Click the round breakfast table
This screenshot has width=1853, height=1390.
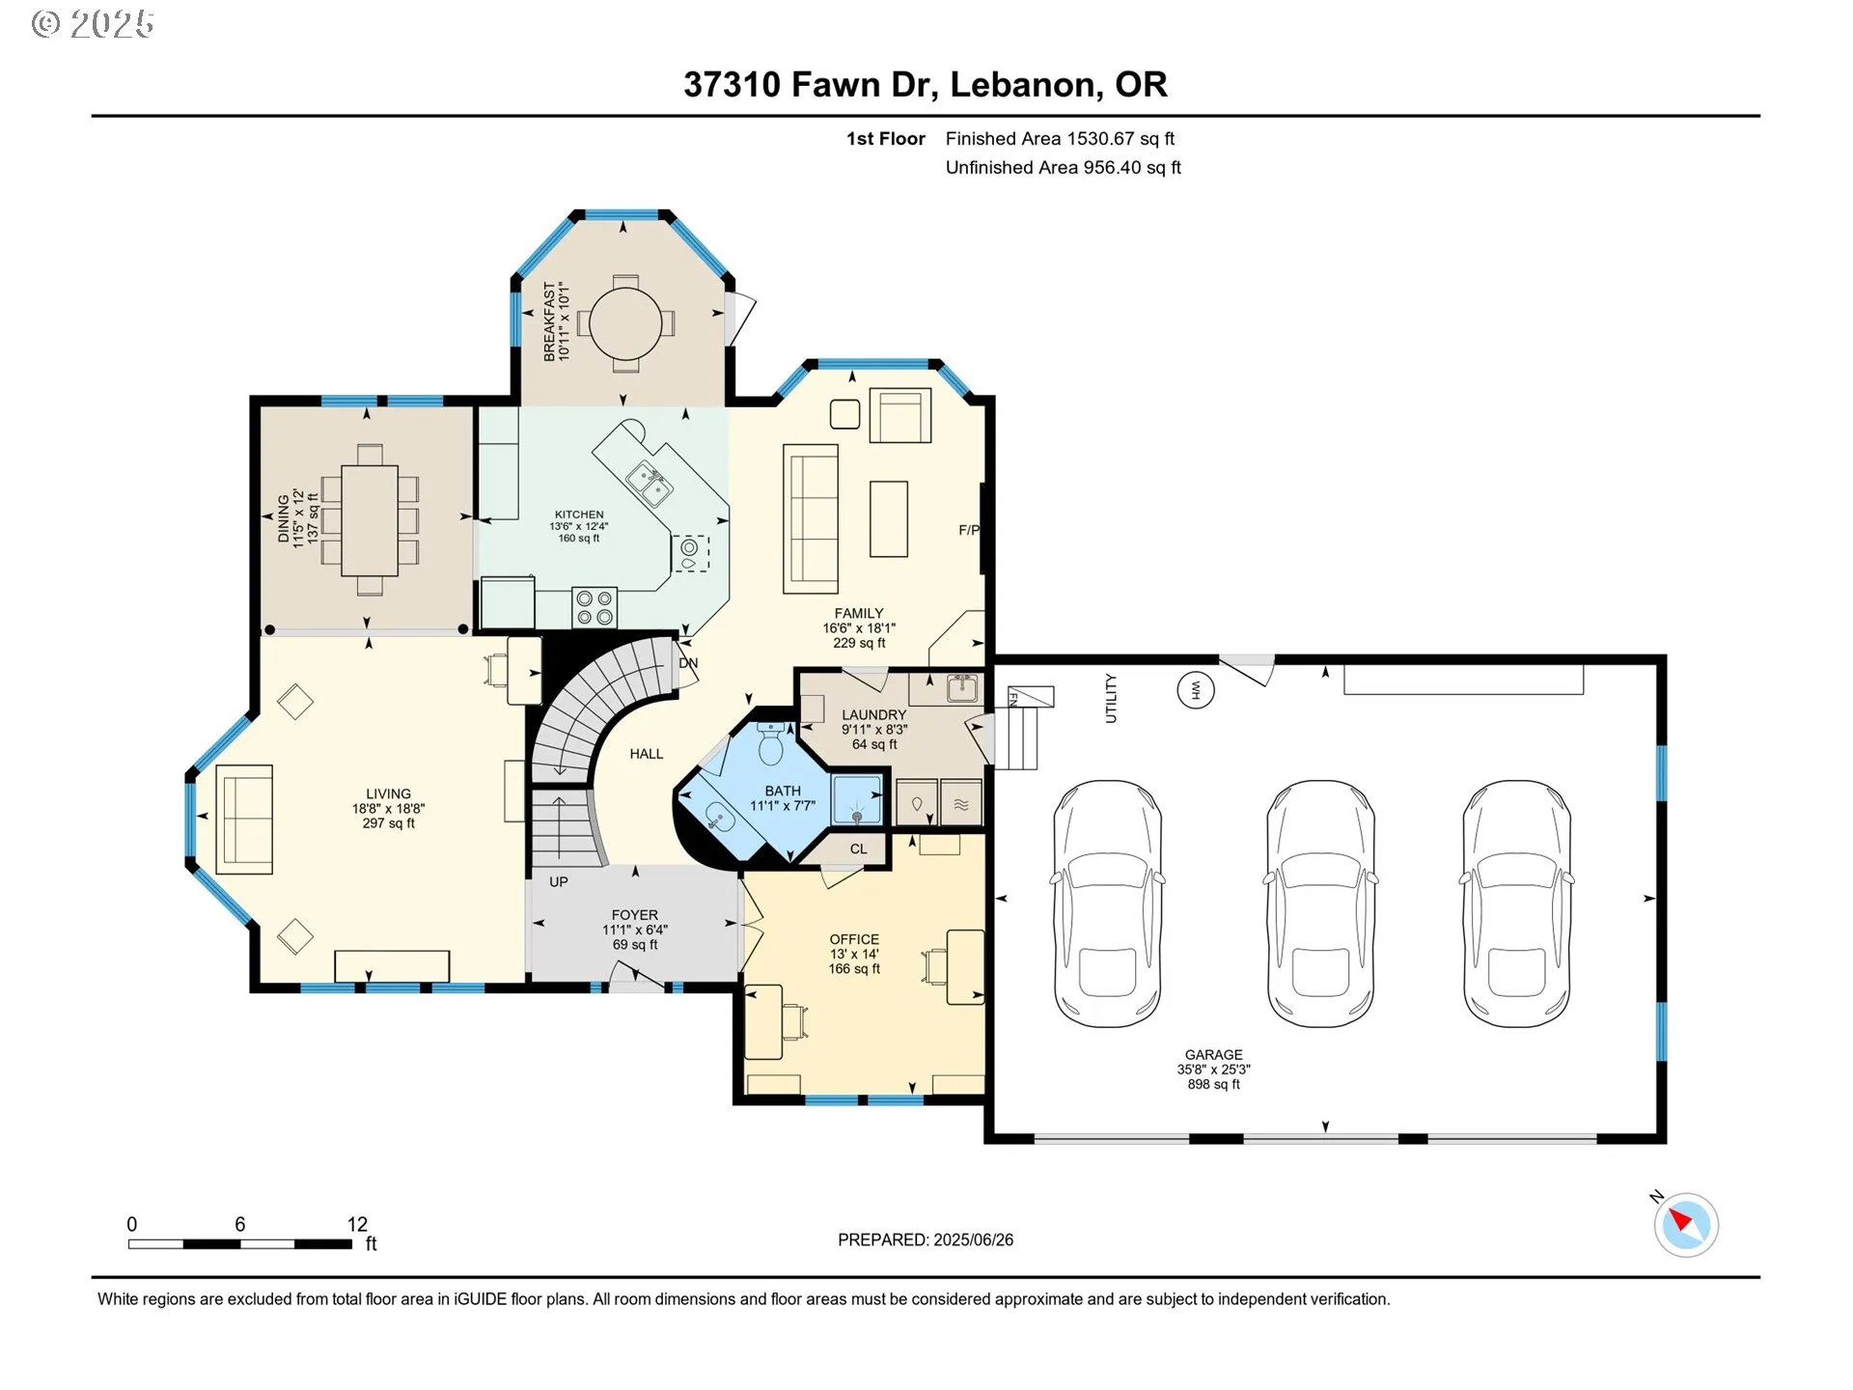(x=625, y=322)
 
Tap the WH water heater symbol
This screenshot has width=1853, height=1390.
(x=1195, y=689)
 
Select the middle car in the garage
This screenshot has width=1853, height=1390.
(x=1320, y=903)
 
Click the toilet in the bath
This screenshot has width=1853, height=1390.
(x=770, y=744)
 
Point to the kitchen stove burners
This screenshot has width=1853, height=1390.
(x=595, y=606)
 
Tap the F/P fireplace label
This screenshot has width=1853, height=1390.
(x=968, y=530)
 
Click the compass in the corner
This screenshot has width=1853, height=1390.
(x=1686, y=1225)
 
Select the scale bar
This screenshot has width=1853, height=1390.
(x=240, y=1243)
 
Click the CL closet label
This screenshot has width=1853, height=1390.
(x=858, y=849)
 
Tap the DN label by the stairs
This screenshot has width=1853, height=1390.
(x=688, y=663)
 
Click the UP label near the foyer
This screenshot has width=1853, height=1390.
(x=559, y=881)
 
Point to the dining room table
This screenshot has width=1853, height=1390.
(x=370, y=520)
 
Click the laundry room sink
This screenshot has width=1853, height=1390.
(x=961, y=688)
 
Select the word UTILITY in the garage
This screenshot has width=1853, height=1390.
(x=1111, y=698)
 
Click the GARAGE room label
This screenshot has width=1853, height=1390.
(x=1213, y=1055)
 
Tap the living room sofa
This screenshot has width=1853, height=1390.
(x=244, y=819)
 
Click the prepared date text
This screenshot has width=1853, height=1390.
(x=925, y=1239)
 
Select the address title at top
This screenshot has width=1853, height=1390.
(x=925, y=85)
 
